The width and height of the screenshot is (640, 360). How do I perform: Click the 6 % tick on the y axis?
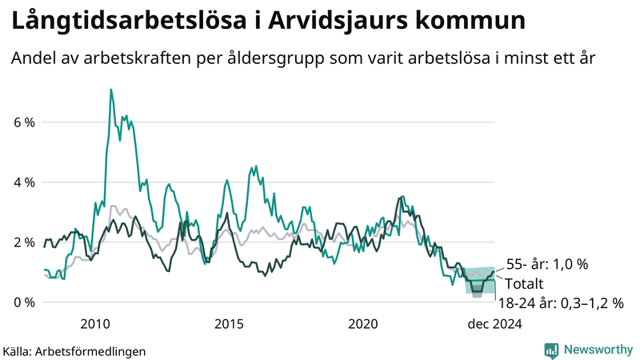[x=24, y=122]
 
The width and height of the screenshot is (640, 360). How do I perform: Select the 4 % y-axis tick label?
[x=24, y=182]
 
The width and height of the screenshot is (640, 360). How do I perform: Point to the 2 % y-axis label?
[x=24, y=242]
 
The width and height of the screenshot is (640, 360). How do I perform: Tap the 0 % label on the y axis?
[x=24, y=302]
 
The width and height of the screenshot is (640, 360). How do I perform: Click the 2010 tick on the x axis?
[x=96, y=324]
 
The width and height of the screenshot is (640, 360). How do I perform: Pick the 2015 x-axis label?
[x=230, y=324]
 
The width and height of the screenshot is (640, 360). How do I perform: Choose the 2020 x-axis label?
[x=363, y=324]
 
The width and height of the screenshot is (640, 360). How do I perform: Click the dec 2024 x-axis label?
[x=495, y=324]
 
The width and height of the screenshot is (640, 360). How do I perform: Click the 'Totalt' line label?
[x=525, y=283]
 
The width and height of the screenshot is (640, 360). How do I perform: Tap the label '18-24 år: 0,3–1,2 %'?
[x=559, y=303]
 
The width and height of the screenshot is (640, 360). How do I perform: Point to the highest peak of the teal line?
[x=110, y=90]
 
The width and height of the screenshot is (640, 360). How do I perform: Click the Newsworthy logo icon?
[x=551, y=350]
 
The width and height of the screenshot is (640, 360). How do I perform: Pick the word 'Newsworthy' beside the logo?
[x=596, y=350]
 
